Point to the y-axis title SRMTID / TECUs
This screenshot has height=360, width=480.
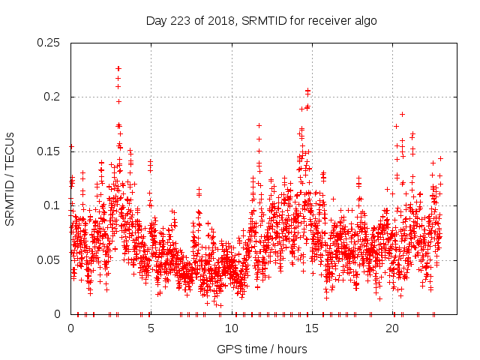click(10, 178)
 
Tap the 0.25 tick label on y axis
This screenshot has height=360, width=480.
click(49, 43)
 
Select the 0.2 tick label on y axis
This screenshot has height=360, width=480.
click(52, 97)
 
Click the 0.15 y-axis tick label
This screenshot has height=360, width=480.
click(49, 151)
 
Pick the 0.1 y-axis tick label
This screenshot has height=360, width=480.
click(52, 205)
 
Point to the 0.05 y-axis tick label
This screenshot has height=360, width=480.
click(49, 260)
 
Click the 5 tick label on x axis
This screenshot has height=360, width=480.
click(151, 328)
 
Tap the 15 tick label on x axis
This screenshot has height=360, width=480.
click(312, 328)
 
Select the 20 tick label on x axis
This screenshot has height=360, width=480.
click(392, 328)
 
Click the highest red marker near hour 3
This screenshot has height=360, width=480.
click(118, 68)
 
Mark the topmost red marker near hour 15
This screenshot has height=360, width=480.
click(307, 90)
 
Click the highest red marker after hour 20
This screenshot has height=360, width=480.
click(402, 114)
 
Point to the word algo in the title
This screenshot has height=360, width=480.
click(364, 21)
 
